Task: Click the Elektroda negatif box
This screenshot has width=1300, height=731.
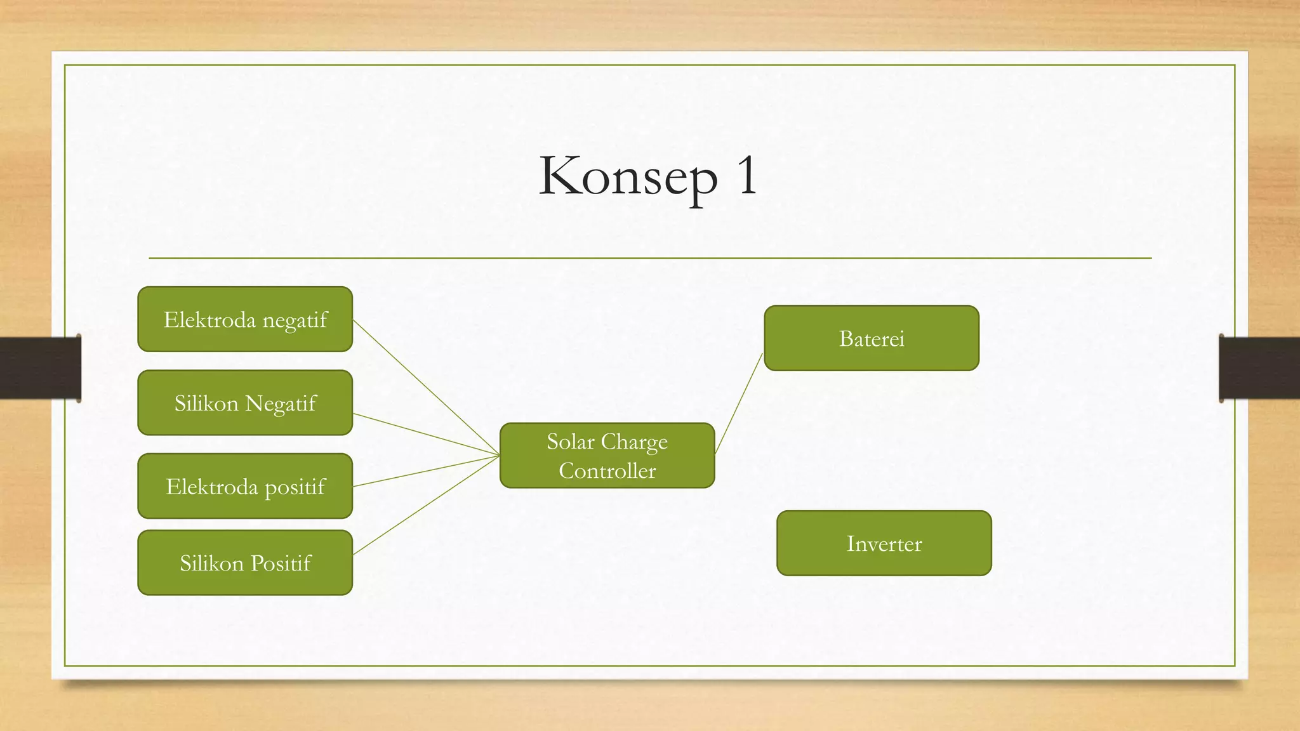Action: pyautogui.click(x=245, y=319)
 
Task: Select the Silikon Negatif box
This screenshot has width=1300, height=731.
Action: pyautogui.click(x=245, y=403)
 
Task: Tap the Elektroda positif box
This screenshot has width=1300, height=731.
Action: pyautogui.click(x=245, y=486)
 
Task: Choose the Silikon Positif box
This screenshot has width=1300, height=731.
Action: pyautogui.click(x=245, y=563)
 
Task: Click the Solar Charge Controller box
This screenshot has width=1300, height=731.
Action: pyautogui.click(x=607, y=456)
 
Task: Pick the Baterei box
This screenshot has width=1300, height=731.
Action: pyautogui.click(x=871, y=338)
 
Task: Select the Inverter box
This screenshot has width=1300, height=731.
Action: pyautogui.click(x=884, y=543)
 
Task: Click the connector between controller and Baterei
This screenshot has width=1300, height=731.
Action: pyautogui.click(x=738, y=403)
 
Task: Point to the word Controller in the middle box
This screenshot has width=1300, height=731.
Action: pyautogui.click(x=607, y=471)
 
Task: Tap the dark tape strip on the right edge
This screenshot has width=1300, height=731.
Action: pyautogui.click(x=1259, y=368)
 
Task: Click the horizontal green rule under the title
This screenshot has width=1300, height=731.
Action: pyautogui.click(x=650, y=258)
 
